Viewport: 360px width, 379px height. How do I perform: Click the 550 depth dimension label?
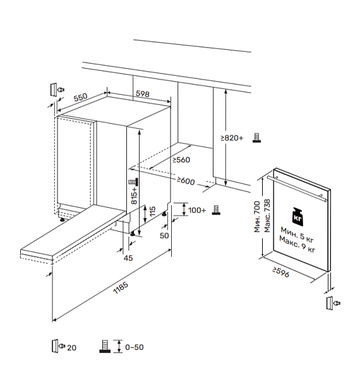(80, 97)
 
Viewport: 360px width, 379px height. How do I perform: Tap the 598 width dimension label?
(143, 93)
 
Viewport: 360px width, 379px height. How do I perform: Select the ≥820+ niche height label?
(232, 138)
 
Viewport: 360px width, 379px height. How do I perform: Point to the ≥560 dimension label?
(181, 160)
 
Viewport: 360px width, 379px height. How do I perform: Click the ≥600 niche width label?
(186, 181)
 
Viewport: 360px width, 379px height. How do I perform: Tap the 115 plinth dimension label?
(152, 212)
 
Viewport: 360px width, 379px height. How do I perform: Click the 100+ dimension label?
(197, 210)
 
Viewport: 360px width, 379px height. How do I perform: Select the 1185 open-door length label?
(121, 288)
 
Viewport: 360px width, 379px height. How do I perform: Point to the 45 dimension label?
(128, 258)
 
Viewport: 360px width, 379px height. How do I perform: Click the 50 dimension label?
(164, 236)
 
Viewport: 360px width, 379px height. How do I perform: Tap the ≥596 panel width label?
(281, 272)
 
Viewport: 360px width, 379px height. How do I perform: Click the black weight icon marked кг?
(297, 216)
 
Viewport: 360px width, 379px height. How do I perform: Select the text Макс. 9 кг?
(297, 244)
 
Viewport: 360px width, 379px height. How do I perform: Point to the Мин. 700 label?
(257, 217)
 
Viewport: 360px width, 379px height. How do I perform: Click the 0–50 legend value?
(135, 347)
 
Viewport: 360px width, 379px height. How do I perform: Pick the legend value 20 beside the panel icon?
(71, 348)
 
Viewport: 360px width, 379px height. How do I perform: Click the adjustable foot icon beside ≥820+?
(256, 138)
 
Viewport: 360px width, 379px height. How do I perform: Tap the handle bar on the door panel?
(297, 188)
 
